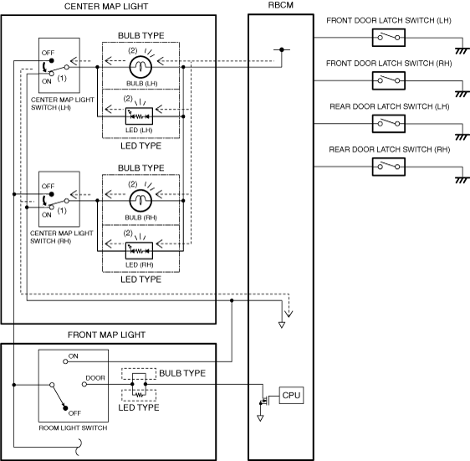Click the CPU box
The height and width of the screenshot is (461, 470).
[291, 395]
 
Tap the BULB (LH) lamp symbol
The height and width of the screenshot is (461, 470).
[140, 67]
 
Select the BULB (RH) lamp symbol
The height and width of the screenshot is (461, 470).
[140, 201]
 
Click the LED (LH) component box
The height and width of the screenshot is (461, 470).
[139, 116]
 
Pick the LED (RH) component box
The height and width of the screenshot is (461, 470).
[139, 250]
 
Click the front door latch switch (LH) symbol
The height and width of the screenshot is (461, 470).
[389, 38]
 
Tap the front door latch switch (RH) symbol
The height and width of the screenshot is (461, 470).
[389, 80]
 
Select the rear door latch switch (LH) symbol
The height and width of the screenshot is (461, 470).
[389, 124]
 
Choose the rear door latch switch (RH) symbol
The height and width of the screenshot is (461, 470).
[389, 166]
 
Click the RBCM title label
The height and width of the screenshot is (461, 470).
[280, 5]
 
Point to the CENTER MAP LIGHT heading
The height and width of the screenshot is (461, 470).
[106, 7]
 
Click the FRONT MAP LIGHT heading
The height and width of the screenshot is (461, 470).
[106, 335]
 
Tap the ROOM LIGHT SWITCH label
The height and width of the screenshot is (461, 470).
[73, 428]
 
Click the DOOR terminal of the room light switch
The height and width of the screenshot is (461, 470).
[84, 384]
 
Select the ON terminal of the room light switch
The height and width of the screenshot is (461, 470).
[65, 361]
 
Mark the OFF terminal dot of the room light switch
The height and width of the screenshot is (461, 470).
[65, 407]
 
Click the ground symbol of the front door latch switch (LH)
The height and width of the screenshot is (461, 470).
[462, 51]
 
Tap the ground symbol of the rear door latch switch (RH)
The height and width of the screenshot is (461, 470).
[462, 180]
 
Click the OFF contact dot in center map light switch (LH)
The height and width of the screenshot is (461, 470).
[52, 60]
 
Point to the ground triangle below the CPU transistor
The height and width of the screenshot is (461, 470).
[260, 417]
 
